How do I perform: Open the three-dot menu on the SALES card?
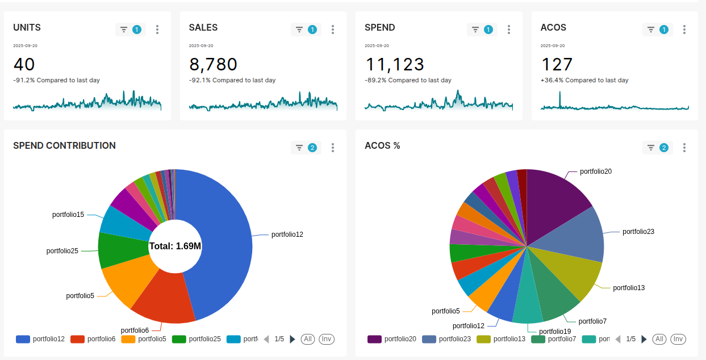point(333,30)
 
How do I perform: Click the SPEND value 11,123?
point(395,64)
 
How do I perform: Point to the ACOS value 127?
point(557,64)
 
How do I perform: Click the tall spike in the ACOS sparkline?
point(560,99)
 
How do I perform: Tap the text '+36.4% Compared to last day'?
point(584,80)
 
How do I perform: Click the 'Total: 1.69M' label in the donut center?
point(175,246)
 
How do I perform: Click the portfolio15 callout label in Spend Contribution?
point(68,215)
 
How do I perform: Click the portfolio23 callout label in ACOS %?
point(638,232)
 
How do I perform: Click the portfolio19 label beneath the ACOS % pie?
point(555,332)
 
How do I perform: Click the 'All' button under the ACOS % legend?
point(659,339)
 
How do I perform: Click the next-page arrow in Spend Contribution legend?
point(293,339)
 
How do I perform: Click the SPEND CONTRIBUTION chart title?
point(64,145)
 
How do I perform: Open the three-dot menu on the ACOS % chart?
point(684,148)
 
